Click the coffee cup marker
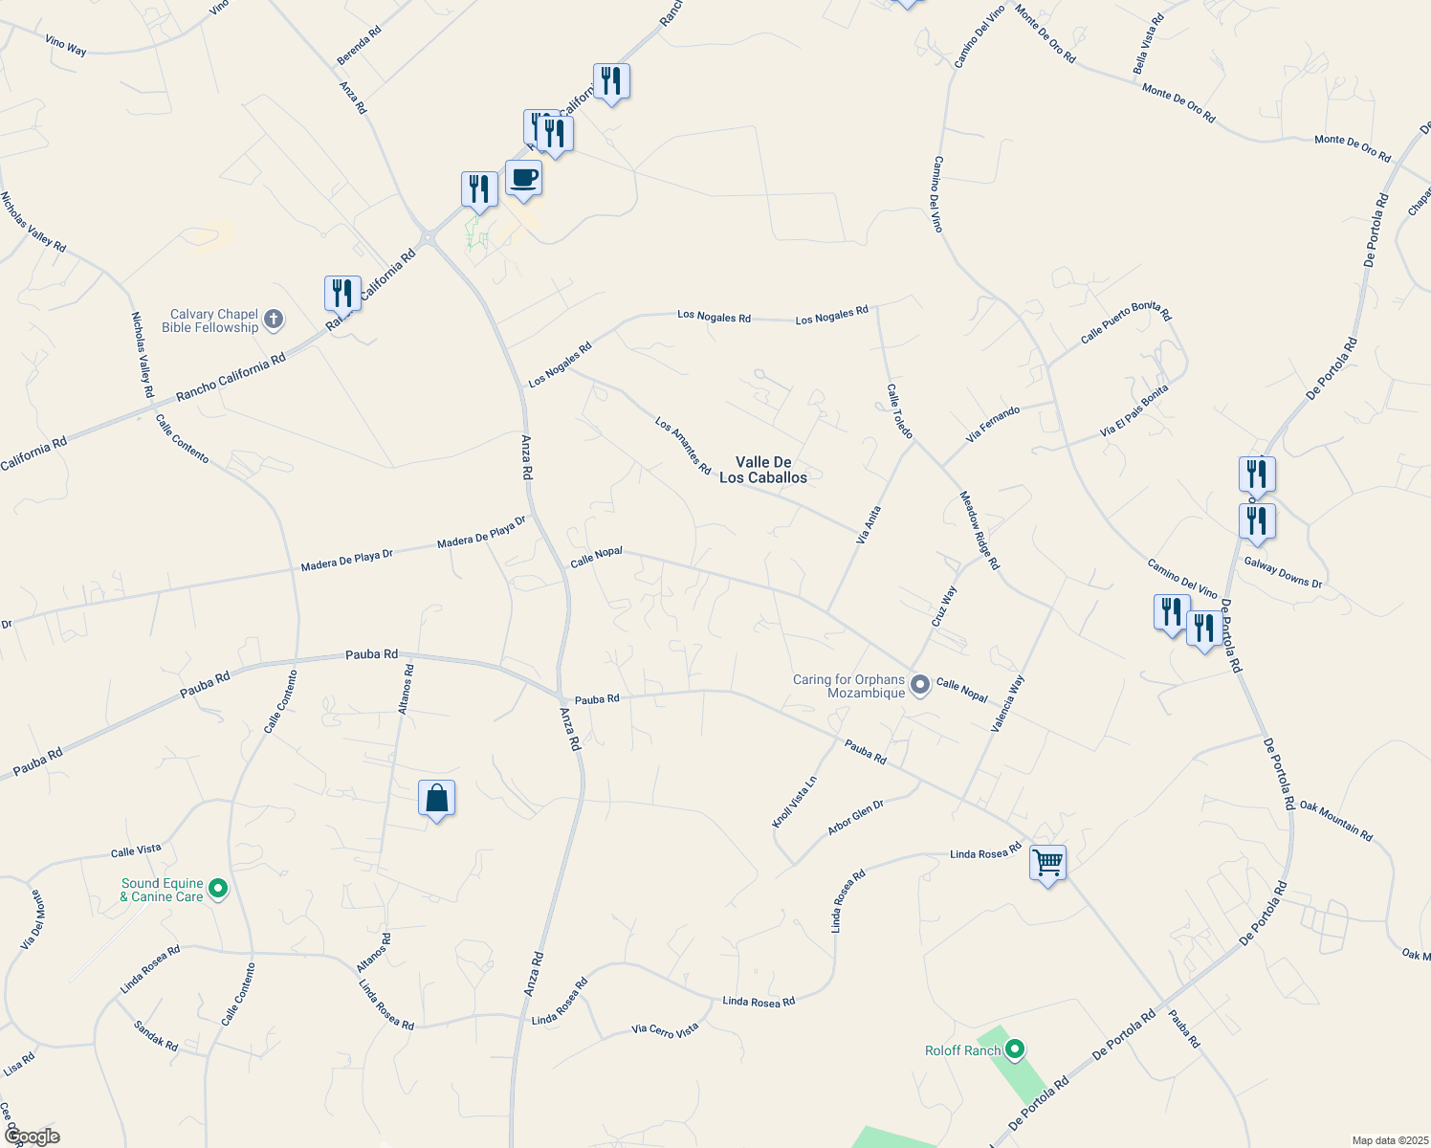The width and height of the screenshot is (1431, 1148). (x=523, y=179)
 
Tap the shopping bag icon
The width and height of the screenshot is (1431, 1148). (x=436, y=799)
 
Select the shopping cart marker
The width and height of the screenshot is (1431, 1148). (x=1047, y=864)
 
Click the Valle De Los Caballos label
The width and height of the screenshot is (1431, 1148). (x=763, y=470)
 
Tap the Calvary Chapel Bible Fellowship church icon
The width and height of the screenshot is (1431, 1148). (x=274, y=320)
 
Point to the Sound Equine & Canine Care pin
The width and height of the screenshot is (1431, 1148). (x=218, y=890)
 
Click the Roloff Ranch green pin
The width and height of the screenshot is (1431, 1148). (x=1016, y=1050)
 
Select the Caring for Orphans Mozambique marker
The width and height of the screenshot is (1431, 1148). (x=920, y=685)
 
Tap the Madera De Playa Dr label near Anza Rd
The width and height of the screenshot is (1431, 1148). (x=482, y=533)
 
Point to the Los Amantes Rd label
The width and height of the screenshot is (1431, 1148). (x=683, y=445)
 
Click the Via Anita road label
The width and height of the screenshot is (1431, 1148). (x=869, y=526)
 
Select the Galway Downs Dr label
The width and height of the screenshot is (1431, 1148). (x=1283, y=572)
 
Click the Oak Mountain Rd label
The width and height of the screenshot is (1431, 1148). (x=1335, y=822)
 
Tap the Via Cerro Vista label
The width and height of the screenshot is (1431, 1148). (x=665, y=1030)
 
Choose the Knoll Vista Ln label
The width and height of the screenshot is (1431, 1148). (x=795, y=802)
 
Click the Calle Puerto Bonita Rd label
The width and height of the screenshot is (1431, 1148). (x=1126, y=322)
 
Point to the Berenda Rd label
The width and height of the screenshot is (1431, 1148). (x=359, y=45)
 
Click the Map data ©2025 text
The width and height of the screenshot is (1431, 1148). (x=1389, y=1140)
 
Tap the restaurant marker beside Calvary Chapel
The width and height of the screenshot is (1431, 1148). (x=342, y=294)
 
